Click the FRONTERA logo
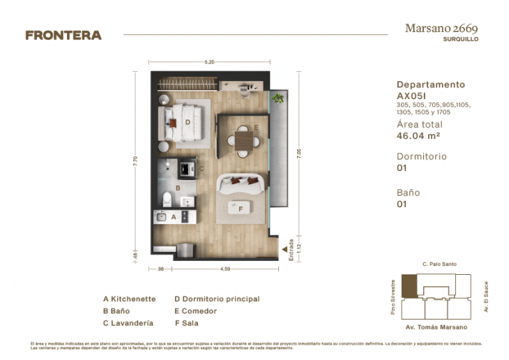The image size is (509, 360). [63, 35]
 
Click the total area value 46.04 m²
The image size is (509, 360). [418, 136]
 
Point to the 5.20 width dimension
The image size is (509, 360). [209, 62]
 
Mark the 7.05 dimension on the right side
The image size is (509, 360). [298, 154]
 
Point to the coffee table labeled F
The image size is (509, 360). [240, 208]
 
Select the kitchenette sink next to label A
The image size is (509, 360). [162, 217]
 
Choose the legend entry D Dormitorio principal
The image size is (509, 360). [216, 299]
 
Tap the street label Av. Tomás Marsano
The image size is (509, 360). [436, 327]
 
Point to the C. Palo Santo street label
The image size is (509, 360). [439, 264]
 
